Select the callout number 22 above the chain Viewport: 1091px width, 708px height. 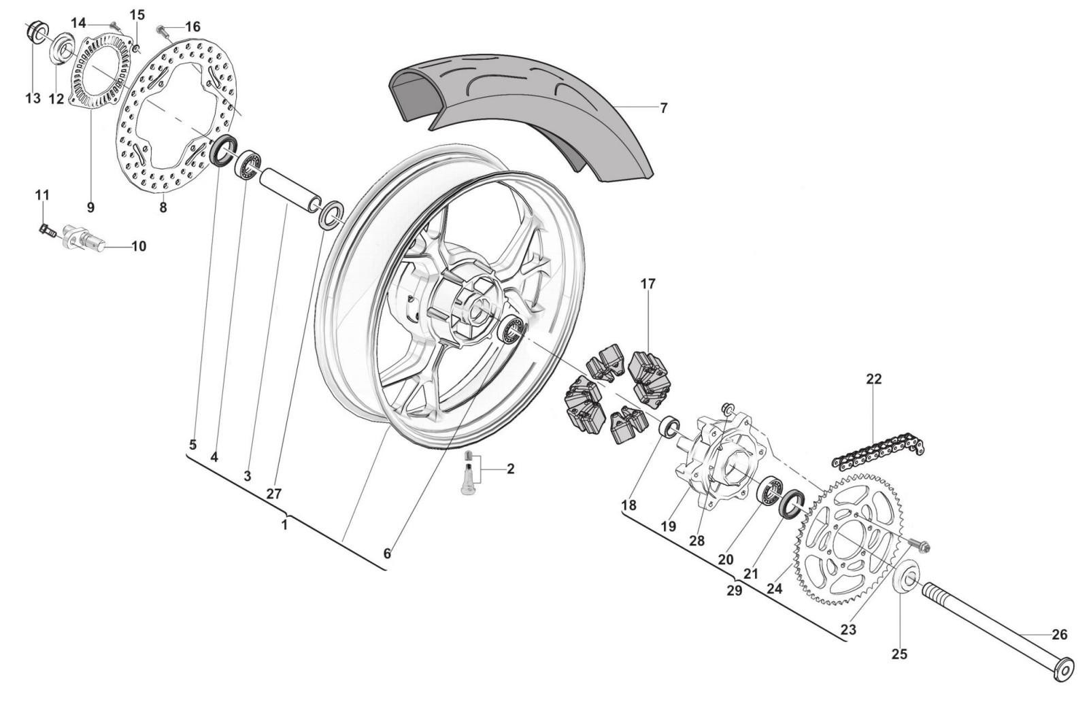873,378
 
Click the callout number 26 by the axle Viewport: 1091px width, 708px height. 1059,635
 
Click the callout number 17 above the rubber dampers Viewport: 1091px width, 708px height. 648,284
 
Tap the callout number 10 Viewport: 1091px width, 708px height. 138,246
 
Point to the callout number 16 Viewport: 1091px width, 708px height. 193,27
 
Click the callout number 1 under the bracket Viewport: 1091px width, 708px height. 284,526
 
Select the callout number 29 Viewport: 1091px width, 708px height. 734,590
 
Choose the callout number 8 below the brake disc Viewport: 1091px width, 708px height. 163,207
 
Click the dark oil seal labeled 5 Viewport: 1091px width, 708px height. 223,151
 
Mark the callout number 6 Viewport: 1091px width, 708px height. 387,554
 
